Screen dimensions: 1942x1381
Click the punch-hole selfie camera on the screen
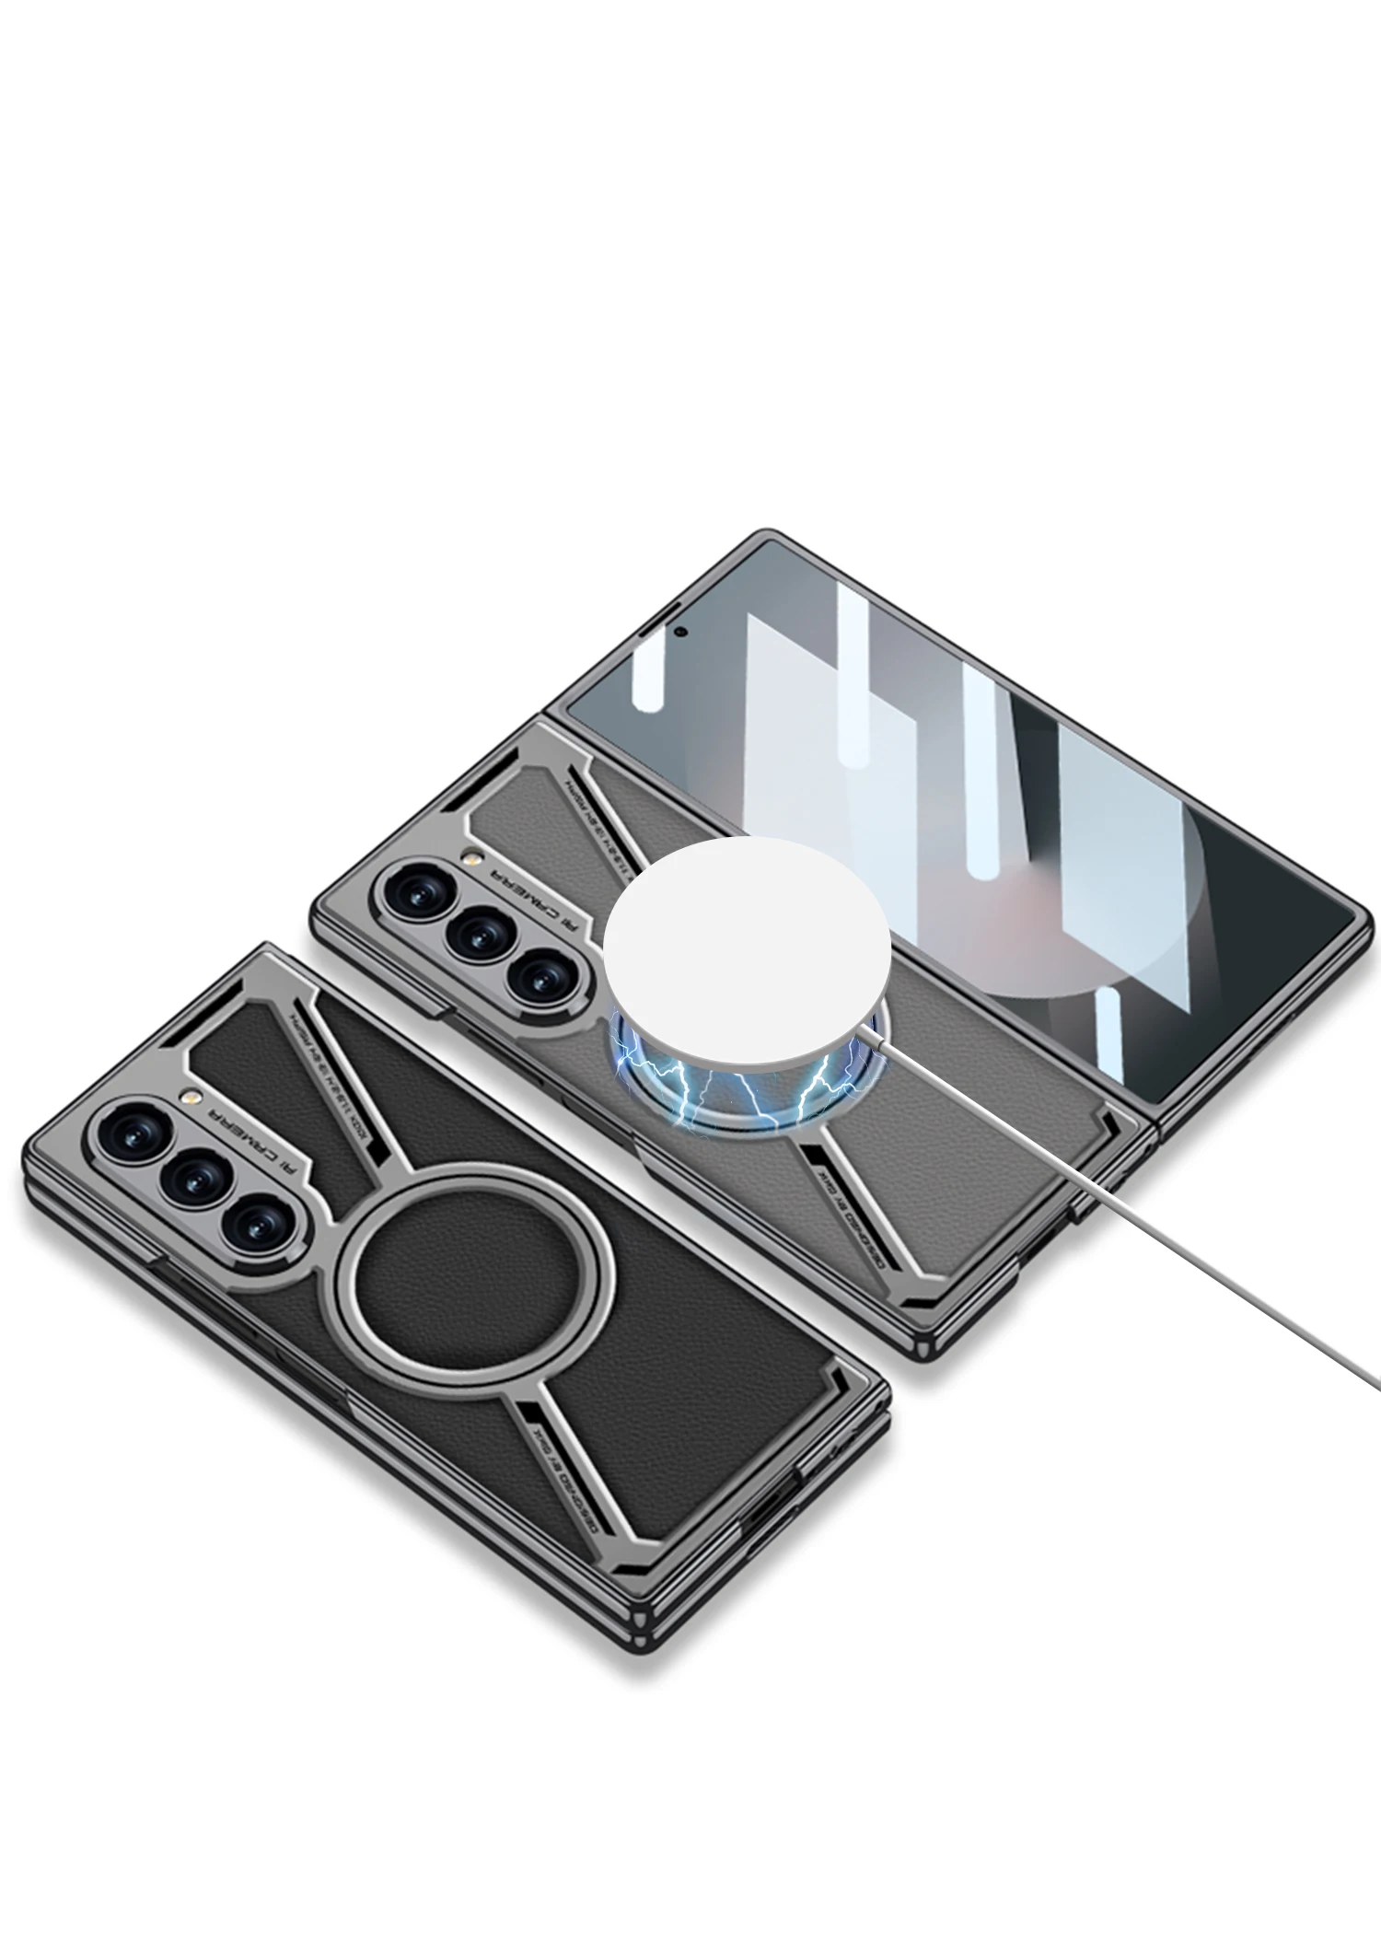click(681, 632)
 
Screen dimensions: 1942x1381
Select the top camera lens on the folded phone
click(128, 1128)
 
